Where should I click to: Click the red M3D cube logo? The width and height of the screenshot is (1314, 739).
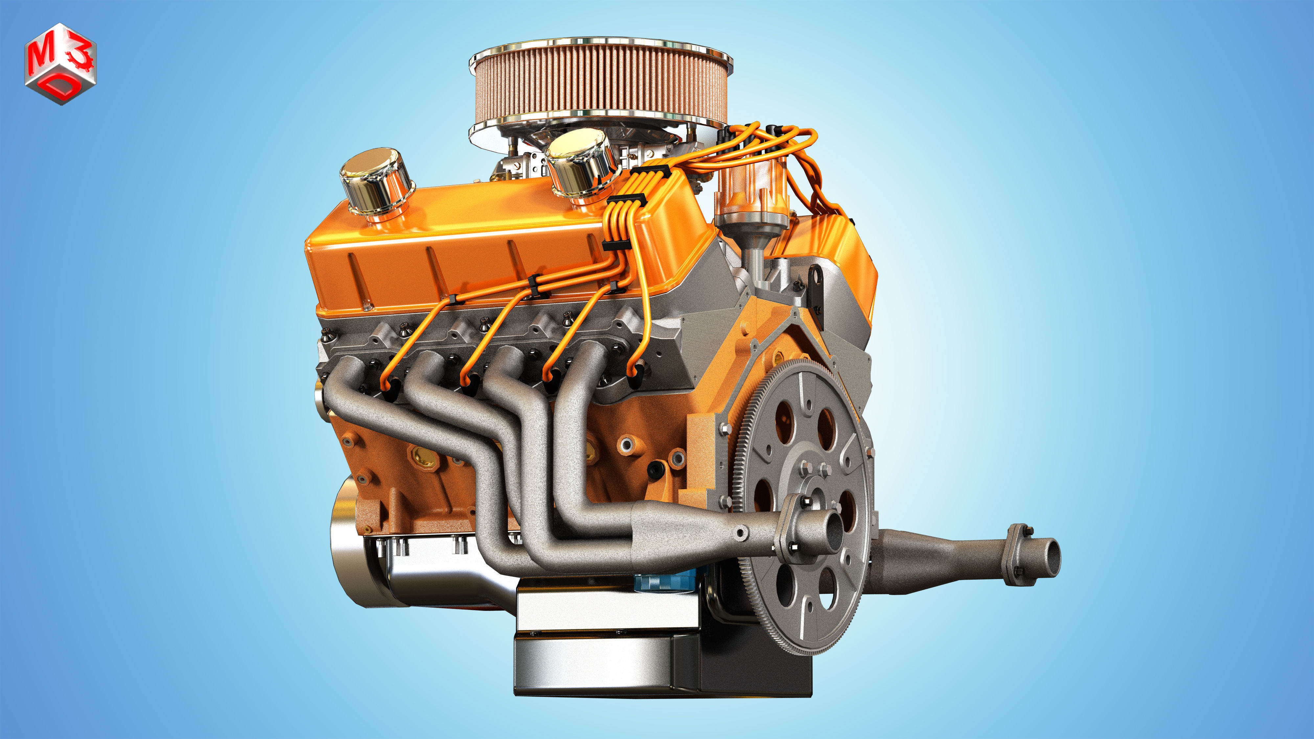[60, 63]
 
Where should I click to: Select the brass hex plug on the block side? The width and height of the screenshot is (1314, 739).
[422, 457]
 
